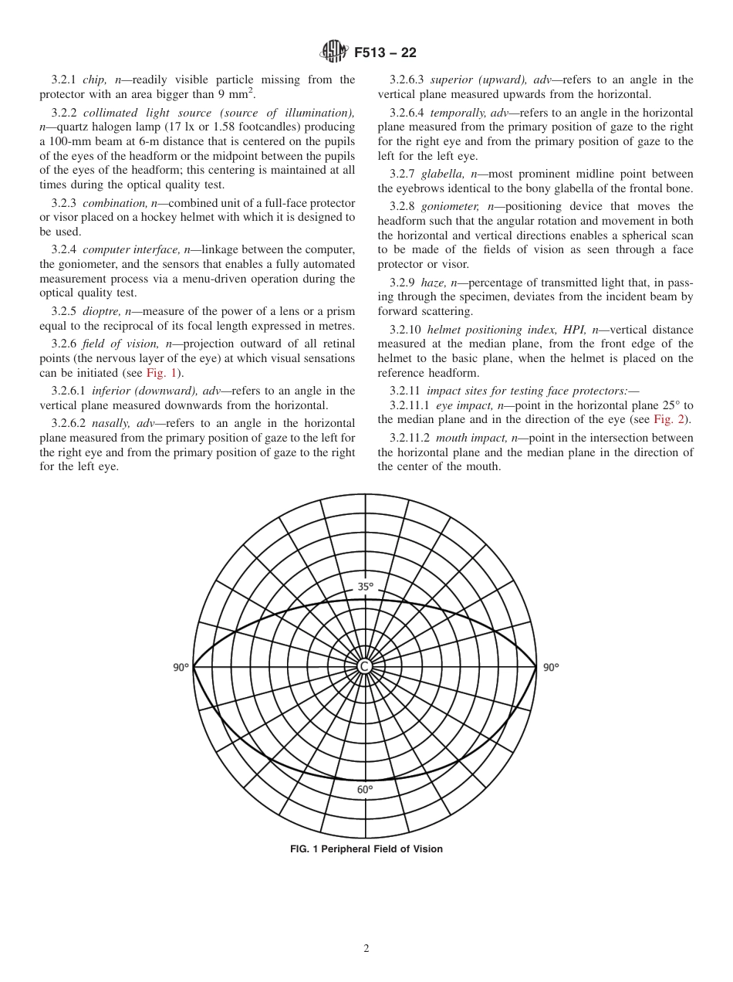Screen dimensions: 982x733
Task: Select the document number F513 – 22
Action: click(385, 52)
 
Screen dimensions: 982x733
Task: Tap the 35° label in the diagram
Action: click(365, 587)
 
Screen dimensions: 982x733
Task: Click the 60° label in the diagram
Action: click(365, 789)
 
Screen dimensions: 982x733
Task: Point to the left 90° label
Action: click(181, 668)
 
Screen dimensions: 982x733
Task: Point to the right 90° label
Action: click(550, 668)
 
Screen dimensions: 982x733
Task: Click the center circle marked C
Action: click(365, 666)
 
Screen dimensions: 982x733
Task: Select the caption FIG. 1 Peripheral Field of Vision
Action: click(366, 849)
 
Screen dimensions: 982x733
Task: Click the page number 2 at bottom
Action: click(366, 949)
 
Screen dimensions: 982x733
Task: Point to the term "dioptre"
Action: click(101, 311)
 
